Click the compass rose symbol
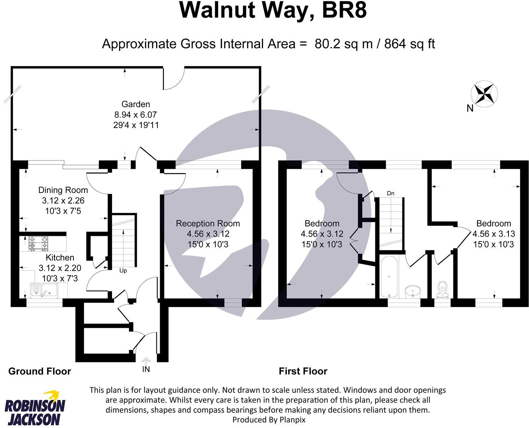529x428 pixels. coord(484,93)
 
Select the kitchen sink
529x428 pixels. coord(45,290)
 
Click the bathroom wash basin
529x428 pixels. coord(412,292)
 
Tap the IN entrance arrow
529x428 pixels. coord(146,362)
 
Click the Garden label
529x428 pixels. coord(136,104)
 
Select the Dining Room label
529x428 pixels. coord(63,190)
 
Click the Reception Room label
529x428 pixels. coord(208,223)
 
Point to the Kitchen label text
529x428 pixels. coord(60,257)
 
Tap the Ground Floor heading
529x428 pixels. coord(40,371)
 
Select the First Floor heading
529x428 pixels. coord(303,371)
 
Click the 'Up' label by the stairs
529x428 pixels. coord(123,270)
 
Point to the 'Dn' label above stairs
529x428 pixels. coord(390,193)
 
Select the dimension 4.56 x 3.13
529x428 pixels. coord(494,234)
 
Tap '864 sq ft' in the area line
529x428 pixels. coord(410,44)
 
